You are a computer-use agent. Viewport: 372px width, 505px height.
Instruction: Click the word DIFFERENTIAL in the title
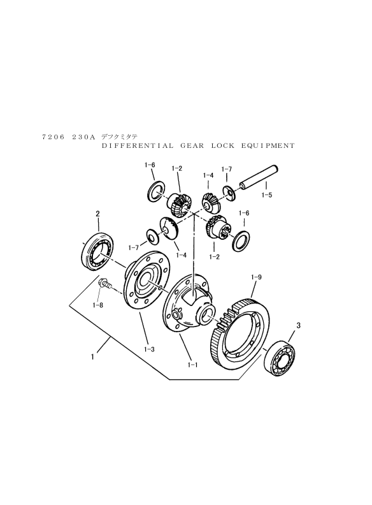[x=138, y=145]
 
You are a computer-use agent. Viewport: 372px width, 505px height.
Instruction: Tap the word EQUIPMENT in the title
[x=268, y=145]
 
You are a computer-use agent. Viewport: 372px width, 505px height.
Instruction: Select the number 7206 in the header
[x=54, y=137]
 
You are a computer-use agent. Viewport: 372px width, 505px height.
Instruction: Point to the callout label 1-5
[x=267, y=195]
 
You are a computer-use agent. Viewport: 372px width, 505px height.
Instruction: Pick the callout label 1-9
[x=256, y=277]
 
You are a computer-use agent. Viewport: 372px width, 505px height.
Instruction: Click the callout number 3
[x=298, y=326]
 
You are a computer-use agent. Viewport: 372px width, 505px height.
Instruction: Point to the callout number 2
[x=98, y=213]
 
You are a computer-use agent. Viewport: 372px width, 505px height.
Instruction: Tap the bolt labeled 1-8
[x=105, y=284]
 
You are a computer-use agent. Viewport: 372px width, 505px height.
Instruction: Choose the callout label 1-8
[x=97, y=305]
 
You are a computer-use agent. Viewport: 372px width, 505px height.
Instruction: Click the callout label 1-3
[x=149, y=349]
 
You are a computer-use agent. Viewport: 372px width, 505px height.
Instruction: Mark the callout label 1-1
[x=192, y=365]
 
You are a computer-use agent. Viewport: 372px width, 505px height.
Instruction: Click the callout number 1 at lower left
[x=92, y=357]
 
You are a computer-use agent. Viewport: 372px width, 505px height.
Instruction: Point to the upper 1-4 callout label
[x=208, y=175]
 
